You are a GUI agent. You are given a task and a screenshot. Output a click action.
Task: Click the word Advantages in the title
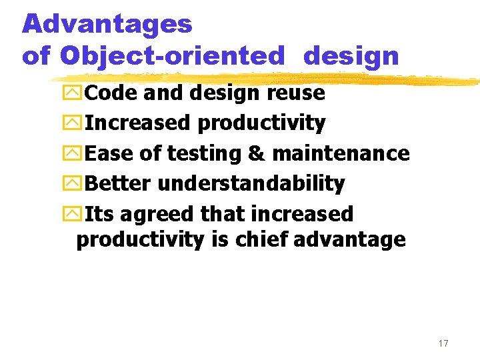107,25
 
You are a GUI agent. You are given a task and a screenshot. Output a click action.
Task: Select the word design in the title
351,56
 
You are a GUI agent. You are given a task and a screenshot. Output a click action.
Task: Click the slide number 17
443,343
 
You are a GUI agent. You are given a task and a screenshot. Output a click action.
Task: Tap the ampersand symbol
256,153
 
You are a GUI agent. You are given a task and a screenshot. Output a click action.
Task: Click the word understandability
251,183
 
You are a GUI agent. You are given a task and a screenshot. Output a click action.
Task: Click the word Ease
110,153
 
